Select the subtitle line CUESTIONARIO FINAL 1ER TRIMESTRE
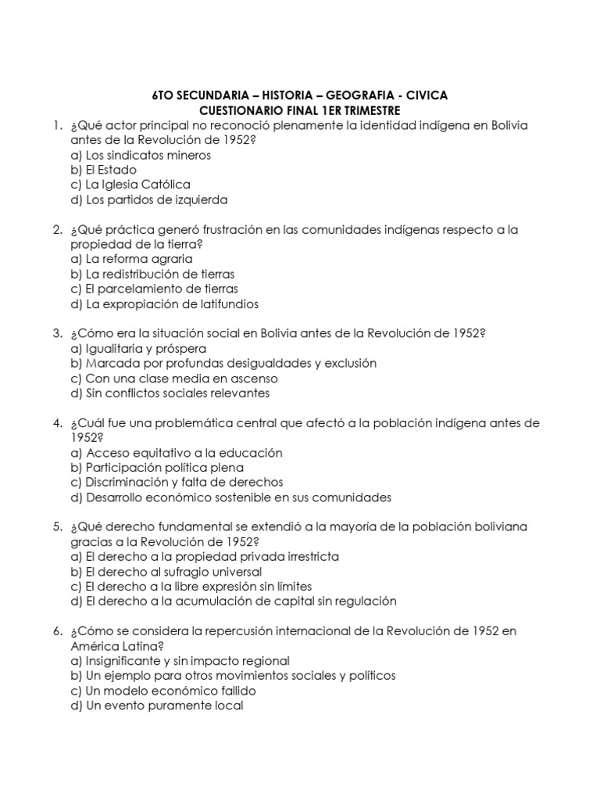[x=299, y=110]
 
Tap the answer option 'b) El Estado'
[x=103, y=170]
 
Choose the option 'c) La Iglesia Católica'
[x=130, y=185]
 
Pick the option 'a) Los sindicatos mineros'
[x=140, y=155]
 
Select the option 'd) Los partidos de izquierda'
[x=148, y=199]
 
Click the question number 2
[x=57, y=230]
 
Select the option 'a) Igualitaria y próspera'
[x=138, y=349]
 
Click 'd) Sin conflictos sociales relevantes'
[x=170, y=393]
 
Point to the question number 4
[x=57, y=423]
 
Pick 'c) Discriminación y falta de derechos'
[x=177, y=483]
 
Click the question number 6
[x=57, y=631]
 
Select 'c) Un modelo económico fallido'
[x=162, y=691]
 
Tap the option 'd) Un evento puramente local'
[x=156, y=706]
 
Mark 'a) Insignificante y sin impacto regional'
[x=180, y=661]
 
